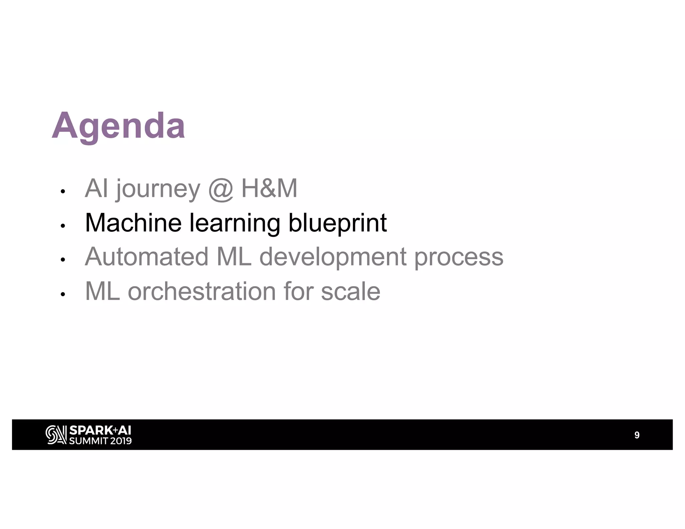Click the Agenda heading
[118, 126]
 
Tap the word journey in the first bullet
[158, 189]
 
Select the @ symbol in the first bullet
[220, 189]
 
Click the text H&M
[269, 188]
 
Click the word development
[333, 257]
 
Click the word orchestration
[202, 291]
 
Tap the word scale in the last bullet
[351, 291]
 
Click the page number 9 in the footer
[637, 435]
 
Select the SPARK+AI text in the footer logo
[100, 430]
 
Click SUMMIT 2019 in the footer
[100, 441]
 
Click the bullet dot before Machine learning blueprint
[62, 226]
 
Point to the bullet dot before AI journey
[62, 192]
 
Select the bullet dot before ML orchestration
[62, 294]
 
